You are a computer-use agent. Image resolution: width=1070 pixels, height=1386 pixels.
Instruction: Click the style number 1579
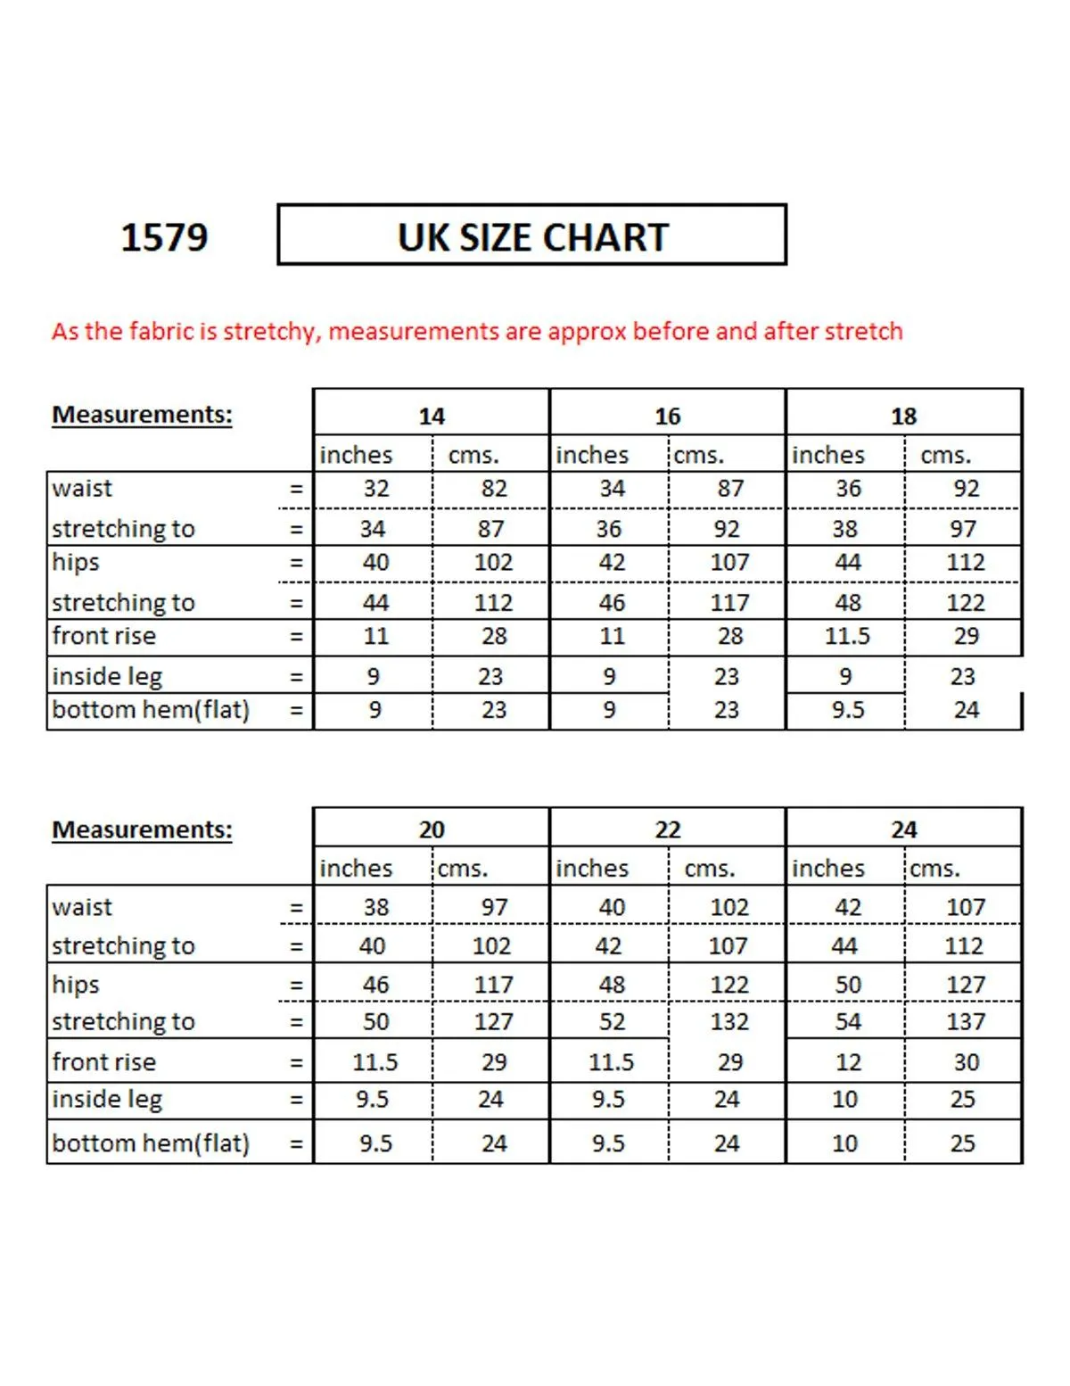pyautogui.click(x=164, y=237)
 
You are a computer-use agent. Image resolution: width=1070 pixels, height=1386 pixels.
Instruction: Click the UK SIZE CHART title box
pyautogui.click(x=532, y=235)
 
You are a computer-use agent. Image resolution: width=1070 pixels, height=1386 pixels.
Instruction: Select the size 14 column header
pyautogui.click(x=432, y=416)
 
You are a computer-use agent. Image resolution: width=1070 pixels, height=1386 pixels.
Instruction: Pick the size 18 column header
pyautogui.click(x=903, y=416)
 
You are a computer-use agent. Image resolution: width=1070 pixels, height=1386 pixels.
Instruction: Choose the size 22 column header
pyautogui.click(x=667, y=829)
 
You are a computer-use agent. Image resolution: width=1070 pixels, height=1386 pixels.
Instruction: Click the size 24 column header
pyautogui.click(x=903, y=829)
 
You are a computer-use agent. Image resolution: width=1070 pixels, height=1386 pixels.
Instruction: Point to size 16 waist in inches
pyautogui.click(x=612, y=489)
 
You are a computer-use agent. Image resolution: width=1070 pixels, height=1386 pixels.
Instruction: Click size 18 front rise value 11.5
pyautogui.click(x=847, y=636)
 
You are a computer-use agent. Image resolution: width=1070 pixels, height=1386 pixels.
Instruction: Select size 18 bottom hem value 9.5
pyautogui.click(x=847, y=710)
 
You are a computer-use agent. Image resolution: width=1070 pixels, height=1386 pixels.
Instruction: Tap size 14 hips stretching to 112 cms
pyautogui.click(x=493, y=603)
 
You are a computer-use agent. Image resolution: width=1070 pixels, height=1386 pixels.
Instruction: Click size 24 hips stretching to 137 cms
pyautogui.click(x=966, y=1021)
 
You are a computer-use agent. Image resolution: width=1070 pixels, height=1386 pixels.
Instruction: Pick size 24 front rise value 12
pyautogui.click(x=847, y=1062)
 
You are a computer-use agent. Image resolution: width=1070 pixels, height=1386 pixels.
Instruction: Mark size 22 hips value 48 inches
pyautogui.click(x=612, y=985)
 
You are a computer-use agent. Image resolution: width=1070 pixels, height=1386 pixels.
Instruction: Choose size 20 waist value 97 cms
pyautogui.click(x=494, y=907)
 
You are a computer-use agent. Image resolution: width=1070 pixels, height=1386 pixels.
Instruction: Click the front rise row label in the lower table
pyautogui.click(x=103, y=1062)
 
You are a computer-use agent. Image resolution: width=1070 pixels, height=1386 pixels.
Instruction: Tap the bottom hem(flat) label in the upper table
pyautogui.click(x=151, y=710)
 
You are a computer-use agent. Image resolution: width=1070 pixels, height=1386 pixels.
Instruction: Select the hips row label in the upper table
pyautogui.click(x=76, y=563)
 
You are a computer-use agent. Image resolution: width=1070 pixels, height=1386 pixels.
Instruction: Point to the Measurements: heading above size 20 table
pyautogui.click(x=142, y=829)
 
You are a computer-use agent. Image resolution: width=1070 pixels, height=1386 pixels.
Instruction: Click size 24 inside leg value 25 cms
pyautogui.click(x=962, y=1099)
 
